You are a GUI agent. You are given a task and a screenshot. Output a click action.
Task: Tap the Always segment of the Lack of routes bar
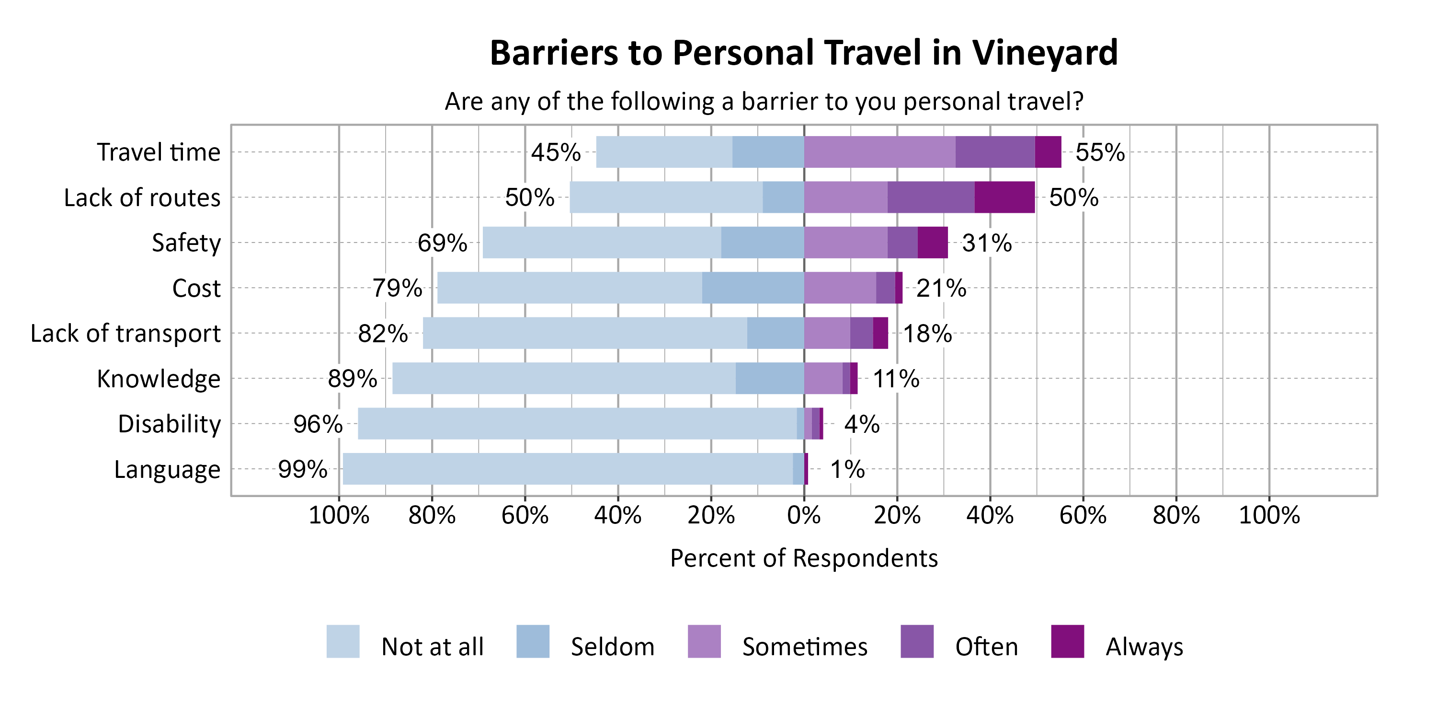tap(1004, 197)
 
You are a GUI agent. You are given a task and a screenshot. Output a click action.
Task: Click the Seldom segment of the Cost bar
tap(753, 288)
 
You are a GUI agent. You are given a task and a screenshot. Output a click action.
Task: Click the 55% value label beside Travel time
tap(1099, 152)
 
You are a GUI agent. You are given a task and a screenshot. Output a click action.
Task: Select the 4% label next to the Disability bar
tap(861, 424)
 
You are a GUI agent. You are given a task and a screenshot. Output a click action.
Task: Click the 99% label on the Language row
tap(302, 469)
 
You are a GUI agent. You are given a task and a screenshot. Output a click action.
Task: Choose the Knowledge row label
tap(159, 379)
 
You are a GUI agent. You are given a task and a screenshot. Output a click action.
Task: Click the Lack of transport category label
tap(125, 334)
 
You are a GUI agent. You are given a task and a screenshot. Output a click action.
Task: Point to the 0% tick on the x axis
tap(803, 515)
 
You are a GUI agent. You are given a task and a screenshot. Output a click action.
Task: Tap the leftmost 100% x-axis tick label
tap(339, 515)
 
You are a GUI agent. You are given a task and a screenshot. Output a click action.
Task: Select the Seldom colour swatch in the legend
tap(533, 641)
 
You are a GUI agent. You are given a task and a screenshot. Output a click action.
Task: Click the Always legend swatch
tap(1067, 641)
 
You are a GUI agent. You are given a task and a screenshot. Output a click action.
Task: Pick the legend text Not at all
tap(433, 647)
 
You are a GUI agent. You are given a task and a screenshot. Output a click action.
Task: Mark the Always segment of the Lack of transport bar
tap(880, 333)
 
